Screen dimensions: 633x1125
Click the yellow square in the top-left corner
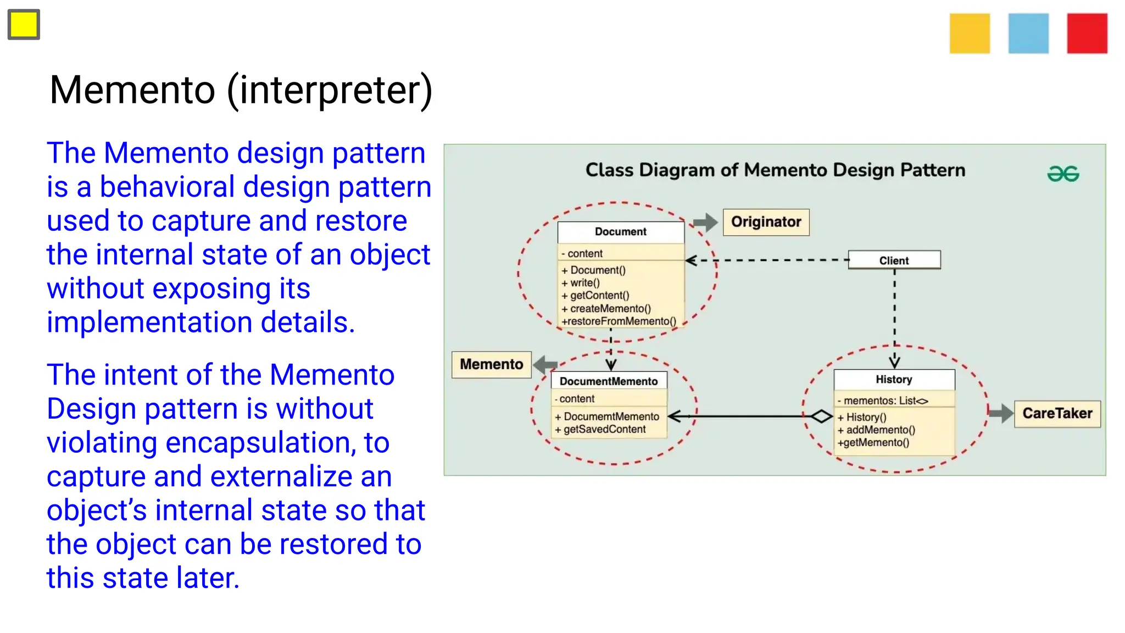click(24, 25)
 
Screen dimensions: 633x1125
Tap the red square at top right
click(1087, 34)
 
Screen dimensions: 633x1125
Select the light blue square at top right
click(1028, 34)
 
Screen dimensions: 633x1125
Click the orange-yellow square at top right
click(970, 34)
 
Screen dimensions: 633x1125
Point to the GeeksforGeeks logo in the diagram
click(1063, 174)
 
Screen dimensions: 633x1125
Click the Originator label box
click(766, 222)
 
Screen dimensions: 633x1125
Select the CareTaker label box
click(1057, 413)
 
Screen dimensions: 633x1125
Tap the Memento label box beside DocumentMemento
click(491, 364)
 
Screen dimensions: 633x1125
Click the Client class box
click(894, 260)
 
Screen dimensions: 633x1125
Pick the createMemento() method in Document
click(610, 308)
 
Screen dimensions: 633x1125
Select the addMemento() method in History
click(880, 430)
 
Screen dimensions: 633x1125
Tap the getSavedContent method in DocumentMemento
click(604, 429)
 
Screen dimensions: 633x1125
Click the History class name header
click(894, 379)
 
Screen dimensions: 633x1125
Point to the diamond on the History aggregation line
click(821, 417)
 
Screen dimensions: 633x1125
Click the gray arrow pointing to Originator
click(705, 222)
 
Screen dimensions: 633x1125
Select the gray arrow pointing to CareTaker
click(1001, 413)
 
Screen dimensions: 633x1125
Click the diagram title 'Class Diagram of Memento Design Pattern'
click(775, 170)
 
